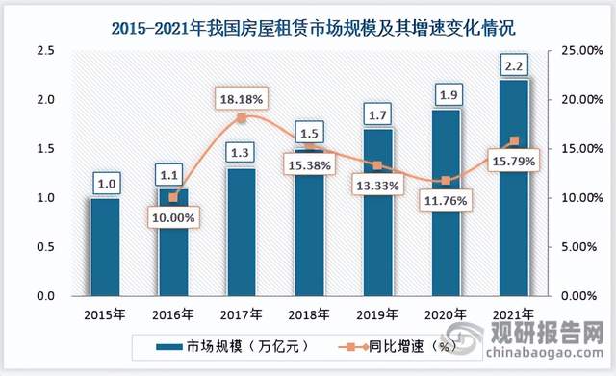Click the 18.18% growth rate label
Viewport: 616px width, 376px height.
[242, 98]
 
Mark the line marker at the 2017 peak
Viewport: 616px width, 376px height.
[242, 117]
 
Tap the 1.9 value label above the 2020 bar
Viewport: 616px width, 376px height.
[446, 93]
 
